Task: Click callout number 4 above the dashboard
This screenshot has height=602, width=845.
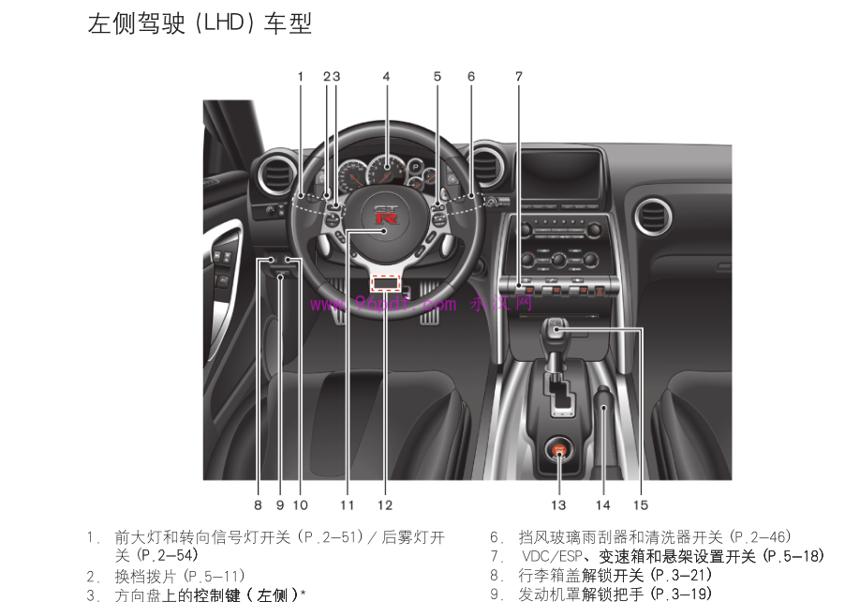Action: point(386,76)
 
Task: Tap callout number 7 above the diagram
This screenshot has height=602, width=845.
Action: point(518,76)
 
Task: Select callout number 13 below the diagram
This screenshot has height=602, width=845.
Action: point(558,505)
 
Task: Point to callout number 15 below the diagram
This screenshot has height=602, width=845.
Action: point(641,505)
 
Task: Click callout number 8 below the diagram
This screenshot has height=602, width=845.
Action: point(258,505)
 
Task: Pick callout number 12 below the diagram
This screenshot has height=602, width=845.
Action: point(385,505)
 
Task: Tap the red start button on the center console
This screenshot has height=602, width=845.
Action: point(559,451)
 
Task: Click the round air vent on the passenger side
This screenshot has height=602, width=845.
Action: point(652,216)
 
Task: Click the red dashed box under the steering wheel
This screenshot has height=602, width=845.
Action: point(385,282)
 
